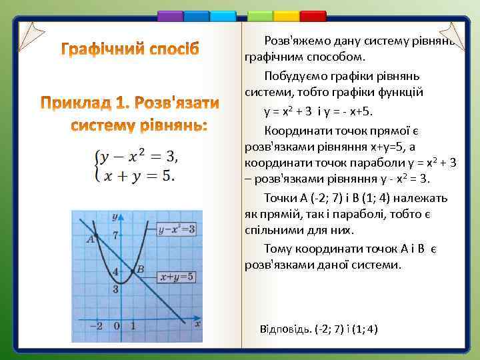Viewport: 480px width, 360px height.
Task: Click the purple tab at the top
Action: tap(170, 16)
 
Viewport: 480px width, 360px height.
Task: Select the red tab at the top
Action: tap(313, 16)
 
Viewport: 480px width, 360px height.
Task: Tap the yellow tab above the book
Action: tap(287, 16)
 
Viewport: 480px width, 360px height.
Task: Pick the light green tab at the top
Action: tap(260, 16)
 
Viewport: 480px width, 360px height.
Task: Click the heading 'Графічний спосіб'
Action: tap(131, 49)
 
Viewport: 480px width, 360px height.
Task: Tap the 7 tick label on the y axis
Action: tap(116, 235)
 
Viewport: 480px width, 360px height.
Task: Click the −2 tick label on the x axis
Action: tap(97, 326)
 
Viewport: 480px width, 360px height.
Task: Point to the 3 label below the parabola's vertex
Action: tap(116, 289)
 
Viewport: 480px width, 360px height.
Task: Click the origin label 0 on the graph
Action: tap(117, 326)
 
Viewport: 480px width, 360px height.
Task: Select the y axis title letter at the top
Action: tap(115, 217)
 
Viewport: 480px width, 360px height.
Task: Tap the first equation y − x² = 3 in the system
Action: tap(139, 157)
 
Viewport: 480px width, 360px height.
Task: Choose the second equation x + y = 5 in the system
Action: tap(136, 176)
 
